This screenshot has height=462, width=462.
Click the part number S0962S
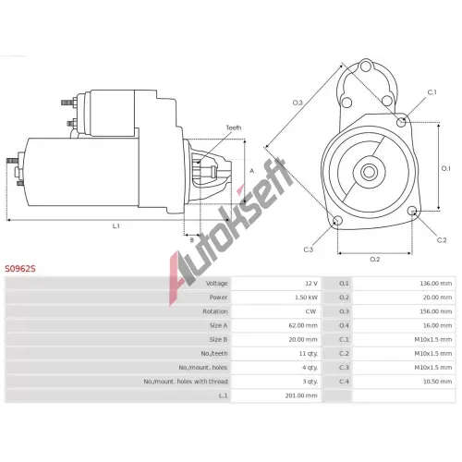(x=20, y=269)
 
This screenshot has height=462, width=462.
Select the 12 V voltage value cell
(x=311, y=284)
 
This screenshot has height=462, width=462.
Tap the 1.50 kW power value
(x=306, y=298)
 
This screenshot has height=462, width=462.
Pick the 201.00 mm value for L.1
(x=301, y=395)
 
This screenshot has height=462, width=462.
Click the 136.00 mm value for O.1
(x=436, y=284)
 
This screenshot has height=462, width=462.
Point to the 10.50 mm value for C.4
(x=437, y=382)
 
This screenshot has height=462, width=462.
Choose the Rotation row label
(x=215, y=311)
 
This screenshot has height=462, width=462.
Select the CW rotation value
(x=310, y=311)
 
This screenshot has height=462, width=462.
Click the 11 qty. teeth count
(x=309, y=353)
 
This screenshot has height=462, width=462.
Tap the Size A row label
(x=218, y=325)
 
